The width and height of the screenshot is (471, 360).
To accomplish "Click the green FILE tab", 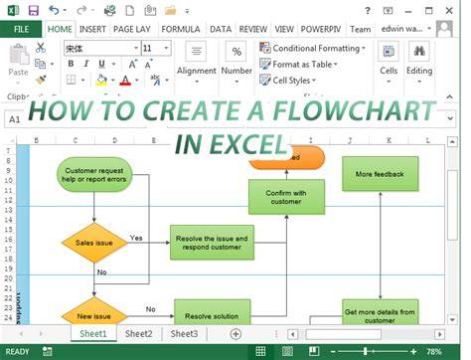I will [x=21, y=29].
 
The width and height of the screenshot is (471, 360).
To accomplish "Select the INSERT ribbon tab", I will [x=92, y=29].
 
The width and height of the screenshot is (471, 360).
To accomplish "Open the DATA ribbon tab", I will [x=221, y=29].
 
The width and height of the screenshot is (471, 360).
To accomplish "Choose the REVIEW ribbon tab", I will [x=253, y=29].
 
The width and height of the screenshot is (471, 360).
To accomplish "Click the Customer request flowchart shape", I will [x=95, y=175].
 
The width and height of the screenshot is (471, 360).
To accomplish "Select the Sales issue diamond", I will [x=94, y=242].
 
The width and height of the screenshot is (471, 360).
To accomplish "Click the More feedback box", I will [x=380, y=174].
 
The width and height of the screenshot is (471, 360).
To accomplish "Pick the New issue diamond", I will [x=94, y=315].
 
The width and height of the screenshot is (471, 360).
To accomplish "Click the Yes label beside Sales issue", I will [x=136, y=238].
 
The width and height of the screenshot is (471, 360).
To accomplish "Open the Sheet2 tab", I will [x=138, y=334].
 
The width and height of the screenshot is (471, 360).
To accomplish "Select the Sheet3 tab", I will [x=183, y=334].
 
